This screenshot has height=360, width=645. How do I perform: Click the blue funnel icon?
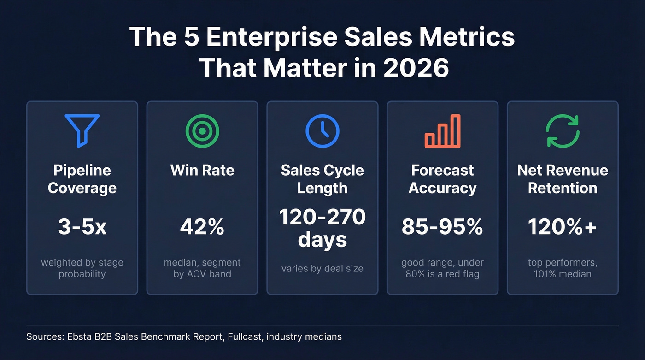(82, 130)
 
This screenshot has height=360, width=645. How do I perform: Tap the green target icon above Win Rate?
(202, 131)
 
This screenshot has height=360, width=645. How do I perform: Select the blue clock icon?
(322, 131)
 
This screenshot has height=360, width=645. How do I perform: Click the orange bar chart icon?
(442, 131)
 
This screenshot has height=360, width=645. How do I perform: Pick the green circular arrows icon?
(563, 131)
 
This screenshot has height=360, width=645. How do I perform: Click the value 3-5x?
(82, 227)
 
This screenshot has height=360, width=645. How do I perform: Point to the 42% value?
(202, 227)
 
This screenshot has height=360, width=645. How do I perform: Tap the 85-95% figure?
(442, 227)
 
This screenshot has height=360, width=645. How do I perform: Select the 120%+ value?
(563, 227)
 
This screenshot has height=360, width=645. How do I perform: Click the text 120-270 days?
(322, 228)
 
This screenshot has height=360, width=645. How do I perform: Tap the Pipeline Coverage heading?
(82, 179)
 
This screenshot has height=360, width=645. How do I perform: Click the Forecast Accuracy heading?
(442, 179)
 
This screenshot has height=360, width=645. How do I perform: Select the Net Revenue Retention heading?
(563, 179)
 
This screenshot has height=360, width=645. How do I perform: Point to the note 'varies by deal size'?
(322, 268)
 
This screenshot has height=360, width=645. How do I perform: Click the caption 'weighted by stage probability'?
(82, 268)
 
